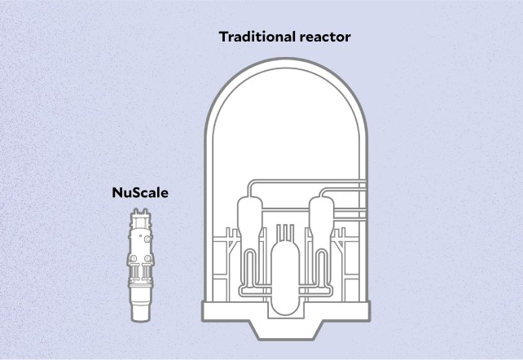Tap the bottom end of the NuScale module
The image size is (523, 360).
pyautogui.click(x=140, y=314)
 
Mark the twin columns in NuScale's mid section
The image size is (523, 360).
pyautogui.click(x=140, y=273)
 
